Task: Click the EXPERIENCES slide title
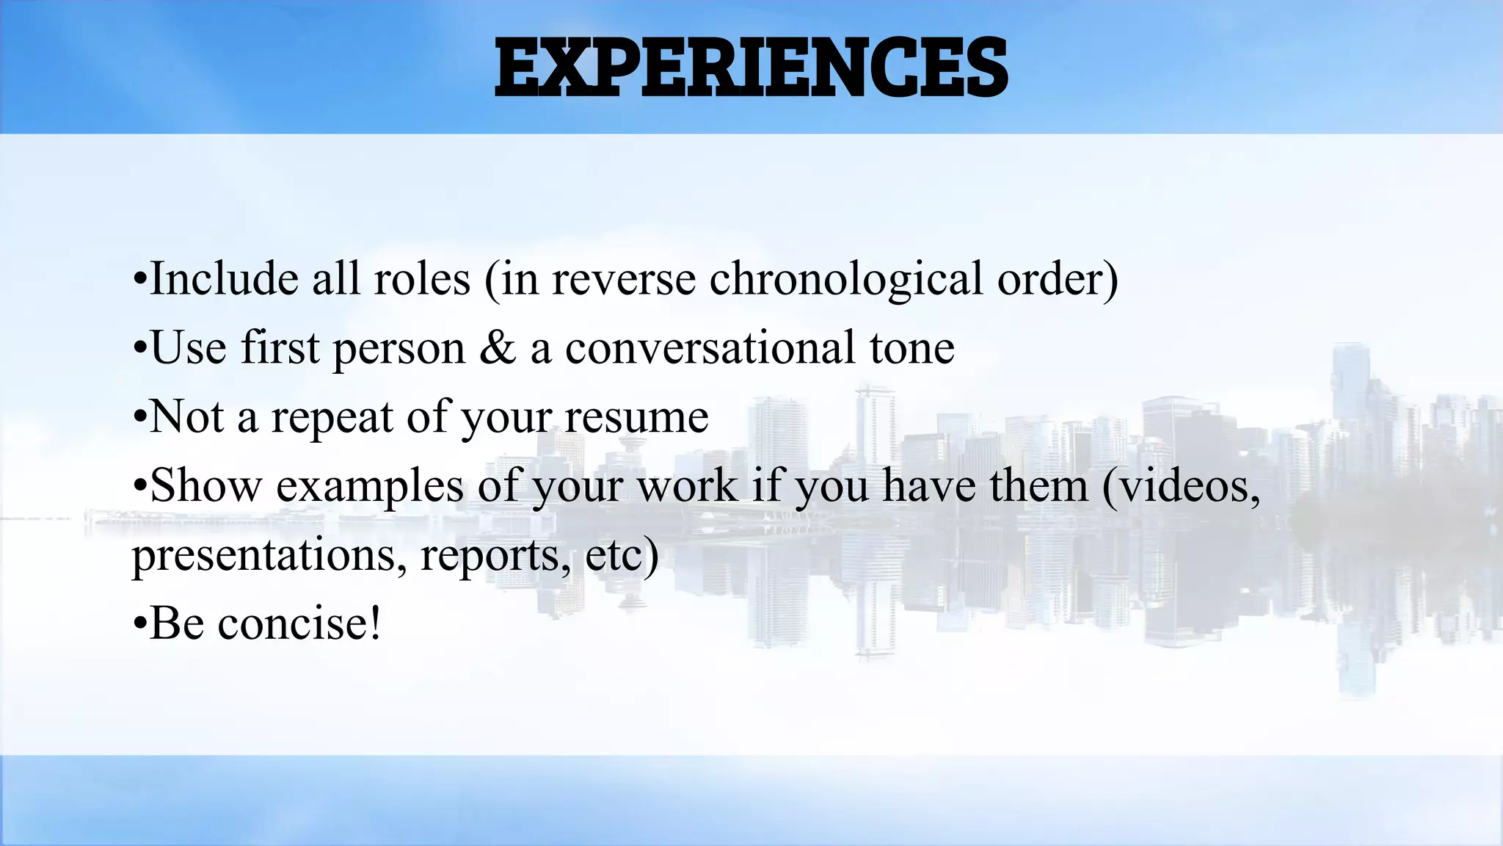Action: point(751,68)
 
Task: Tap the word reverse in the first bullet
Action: point(623,280)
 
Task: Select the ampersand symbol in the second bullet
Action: point(498,348)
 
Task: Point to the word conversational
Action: point(710,348)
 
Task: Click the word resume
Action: point(636,417)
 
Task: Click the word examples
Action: point(370,487)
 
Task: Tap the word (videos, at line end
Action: point(1182,487)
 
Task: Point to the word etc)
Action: point(622,556)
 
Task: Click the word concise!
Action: point(299,624)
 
